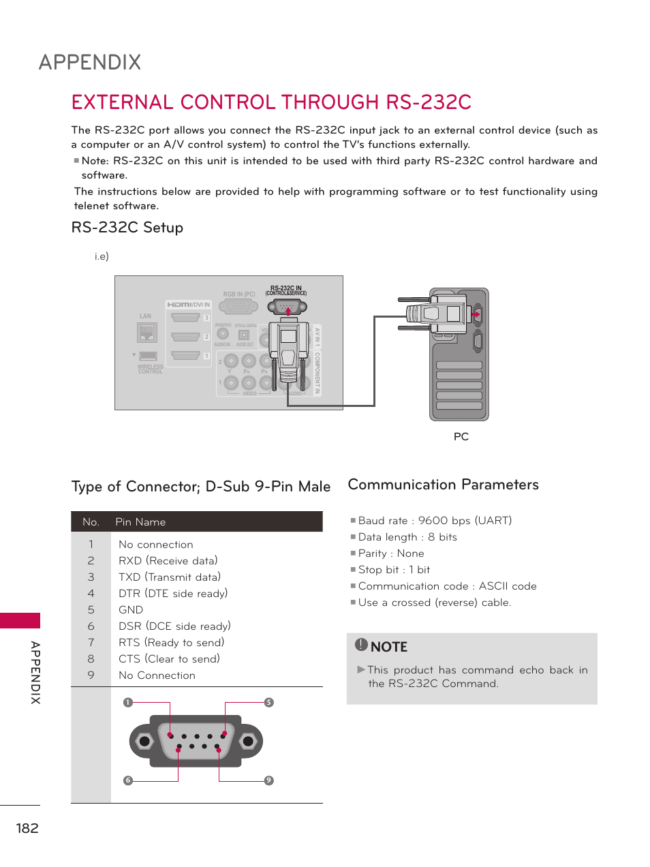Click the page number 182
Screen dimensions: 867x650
click(x=27, y=828)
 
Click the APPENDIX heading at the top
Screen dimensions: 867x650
click(x=90, y=63)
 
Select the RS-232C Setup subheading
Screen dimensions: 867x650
click(x=127, y=228)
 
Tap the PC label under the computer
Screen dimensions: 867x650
click(x=461, y=436)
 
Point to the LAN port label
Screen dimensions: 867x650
click(x=145, y=316)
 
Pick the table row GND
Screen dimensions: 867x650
click(x=131, y=610)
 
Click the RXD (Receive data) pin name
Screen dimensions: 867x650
click(x=168, y=561)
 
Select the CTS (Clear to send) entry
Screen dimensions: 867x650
click(x=169, y=659)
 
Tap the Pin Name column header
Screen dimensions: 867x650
click(x=140, y=522)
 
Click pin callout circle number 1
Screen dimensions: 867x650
click(x=127, y=703)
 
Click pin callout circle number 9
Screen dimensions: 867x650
click(x=269, y=780)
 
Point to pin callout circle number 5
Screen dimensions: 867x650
click(x=269, y=703)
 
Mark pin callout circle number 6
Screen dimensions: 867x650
click(x=127, y=780)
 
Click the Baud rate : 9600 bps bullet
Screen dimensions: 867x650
click(x=435, y=521)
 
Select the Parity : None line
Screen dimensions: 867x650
click(x=391, y=553)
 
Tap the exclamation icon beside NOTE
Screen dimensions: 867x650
click(x=361, y=645)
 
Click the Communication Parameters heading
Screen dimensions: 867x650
click(x=443, y=485)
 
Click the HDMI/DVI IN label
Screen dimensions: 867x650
click(x=189, y=305)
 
